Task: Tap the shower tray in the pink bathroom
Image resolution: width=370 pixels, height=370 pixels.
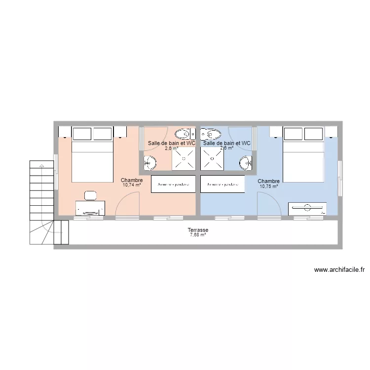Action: click(184, 159)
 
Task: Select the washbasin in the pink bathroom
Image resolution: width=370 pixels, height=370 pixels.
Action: click(150, 162)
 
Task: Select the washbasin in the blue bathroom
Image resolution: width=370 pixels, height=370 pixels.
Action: click(246, 162)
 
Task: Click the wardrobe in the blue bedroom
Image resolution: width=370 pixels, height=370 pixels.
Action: click(222, 184)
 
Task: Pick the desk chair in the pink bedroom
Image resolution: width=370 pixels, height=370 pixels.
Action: click(90, 195)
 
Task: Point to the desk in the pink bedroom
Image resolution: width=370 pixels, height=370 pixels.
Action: click(90, 208)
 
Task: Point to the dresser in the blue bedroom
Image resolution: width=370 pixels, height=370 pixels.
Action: click(307, 209)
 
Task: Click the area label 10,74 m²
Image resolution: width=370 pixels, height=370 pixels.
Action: click(132, 186)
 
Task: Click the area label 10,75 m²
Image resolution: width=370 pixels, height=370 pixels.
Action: click(269, 186)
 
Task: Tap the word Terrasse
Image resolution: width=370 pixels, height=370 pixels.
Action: click(197, 230)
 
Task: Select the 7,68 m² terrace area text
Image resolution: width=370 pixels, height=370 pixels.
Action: click(197, 235)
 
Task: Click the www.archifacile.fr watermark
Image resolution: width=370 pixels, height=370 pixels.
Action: click(339, 270)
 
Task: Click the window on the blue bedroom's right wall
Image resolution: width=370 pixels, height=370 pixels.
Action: click(340, 170)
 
